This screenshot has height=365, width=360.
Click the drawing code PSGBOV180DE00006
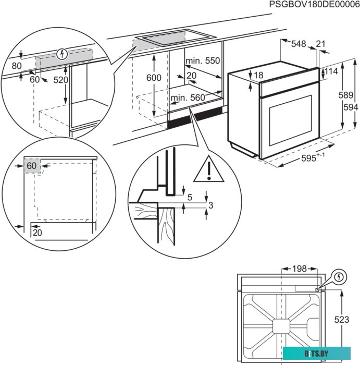click(314, 5)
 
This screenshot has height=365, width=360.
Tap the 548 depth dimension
click(299, 44)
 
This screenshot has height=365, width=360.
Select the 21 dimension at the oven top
click(320, 44)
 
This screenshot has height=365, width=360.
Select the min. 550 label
click(203, 61)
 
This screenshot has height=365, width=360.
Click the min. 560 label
click(188, 98)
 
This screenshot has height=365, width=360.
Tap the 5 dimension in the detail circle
click(190, 197)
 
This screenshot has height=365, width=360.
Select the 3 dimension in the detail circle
click(210, 205)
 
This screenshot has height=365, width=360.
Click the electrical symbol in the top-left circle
click(62, 53)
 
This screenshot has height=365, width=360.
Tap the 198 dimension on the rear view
click(299, 269)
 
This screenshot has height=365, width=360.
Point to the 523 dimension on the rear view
click(341, 320)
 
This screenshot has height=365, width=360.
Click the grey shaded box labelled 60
click(32, 165)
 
